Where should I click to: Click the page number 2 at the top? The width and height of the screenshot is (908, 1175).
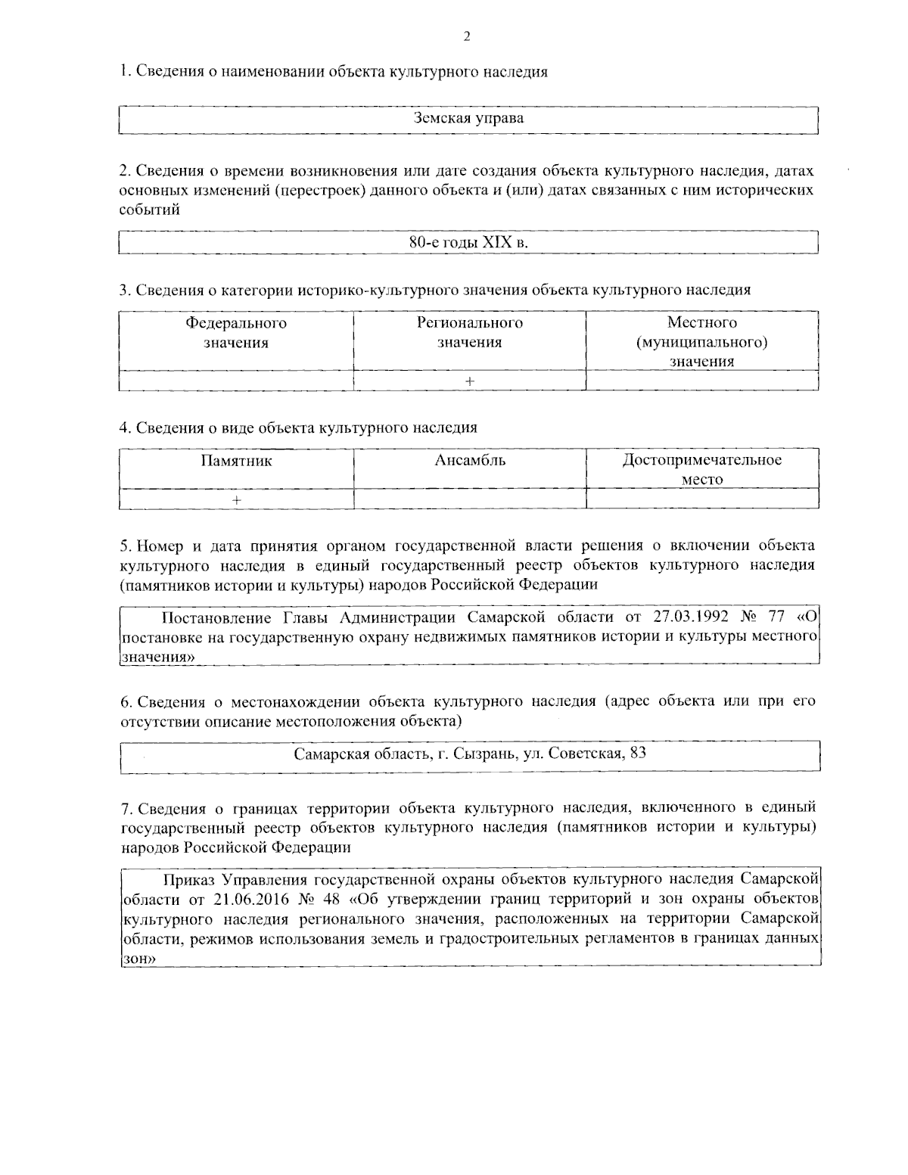[467, 36]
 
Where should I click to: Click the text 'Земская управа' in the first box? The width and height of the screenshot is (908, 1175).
[469, 119]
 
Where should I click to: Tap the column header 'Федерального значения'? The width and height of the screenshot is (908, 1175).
[236, 333]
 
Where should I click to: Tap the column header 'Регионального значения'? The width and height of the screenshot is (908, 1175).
[470, 333]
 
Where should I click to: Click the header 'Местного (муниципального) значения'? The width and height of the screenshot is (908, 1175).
[702, 342]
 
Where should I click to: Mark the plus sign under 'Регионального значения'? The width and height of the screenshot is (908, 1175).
[470, 381]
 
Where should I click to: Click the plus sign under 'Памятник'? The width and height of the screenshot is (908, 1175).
[237, 499]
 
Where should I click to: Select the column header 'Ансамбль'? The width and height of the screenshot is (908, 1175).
[470, 460]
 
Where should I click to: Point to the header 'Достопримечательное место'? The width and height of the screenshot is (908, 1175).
[702, 469]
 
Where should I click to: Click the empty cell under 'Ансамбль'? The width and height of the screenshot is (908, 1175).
[470, 499]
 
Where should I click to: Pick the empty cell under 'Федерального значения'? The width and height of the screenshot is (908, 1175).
[236, 381]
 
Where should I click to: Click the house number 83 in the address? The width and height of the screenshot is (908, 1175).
[638, 754]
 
